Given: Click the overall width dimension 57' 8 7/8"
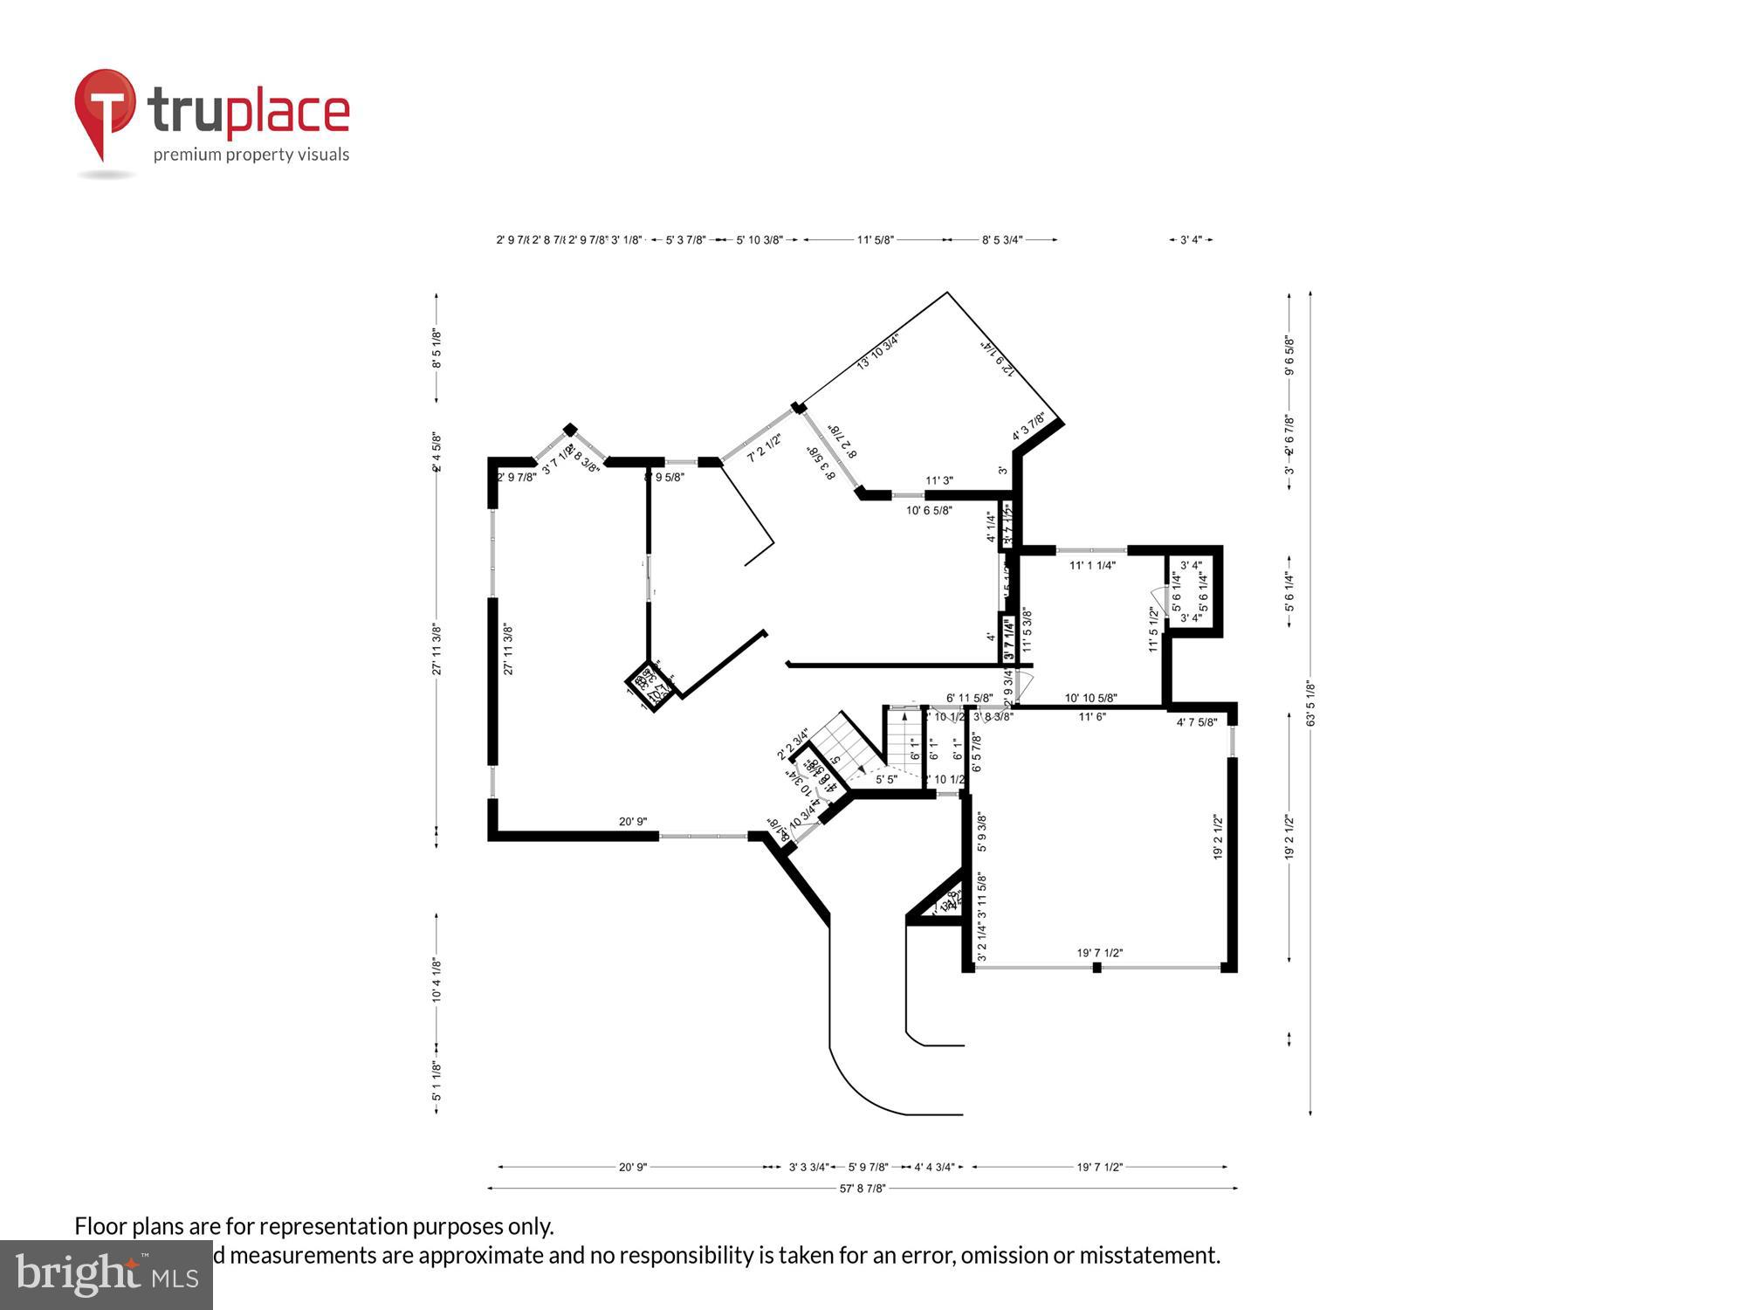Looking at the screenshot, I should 863,1188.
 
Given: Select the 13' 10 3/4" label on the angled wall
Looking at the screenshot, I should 877,351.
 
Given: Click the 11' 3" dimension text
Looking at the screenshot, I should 938,480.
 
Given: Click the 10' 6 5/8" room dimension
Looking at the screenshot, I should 929,510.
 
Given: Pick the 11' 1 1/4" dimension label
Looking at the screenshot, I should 1092,565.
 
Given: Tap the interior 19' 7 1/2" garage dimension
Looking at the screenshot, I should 1099,953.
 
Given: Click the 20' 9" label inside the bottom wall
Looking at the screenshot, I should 633,821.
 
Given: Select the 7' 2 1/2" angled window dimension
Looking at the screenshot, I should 764,448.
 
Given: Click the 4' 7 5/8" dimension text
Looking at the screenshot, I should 1196,722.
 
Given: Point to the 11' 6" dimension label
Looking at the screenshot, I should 1091,716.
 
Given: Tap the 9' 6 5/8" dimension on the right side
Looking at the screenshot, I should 1289,355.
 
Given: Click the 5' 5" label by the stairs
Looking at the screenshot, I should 886,779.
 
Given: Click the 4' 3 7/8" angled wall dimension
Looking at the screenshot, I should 1028,427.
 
